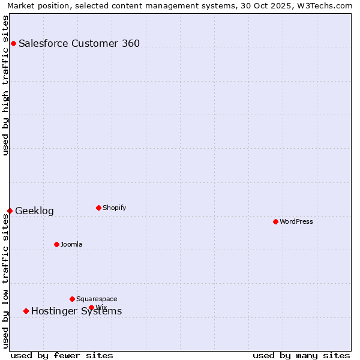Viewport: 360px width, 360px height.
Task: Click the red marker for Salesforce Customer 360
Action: pos(13,43)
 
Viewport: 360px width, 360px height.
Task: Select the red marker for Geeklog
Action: pos(10,211)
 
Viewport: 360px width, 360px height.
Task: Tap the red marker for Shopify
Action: pos(98,208)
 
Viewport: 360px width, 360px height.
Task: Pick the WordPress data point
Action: pos(275,221)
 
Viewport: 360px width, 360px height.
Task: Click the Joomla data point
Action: pos(56,244)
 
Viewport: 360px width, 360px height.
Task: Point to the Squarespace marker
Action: pos(72,299)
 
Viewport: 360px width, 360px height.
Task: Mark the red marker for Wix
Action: pos(91,307)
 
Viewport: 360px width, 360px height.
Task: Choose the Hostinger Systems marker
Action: pos(26,311)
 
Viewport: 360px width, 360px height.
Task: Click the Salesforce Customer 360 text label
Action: pos(79,43)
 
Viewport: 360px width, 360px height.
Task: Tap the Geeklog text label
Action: pos(34,211)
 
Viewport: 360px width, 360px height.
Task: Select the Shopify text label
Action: pos(114,208)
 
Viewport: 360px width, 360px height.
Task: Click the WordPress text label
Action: pos(296,221)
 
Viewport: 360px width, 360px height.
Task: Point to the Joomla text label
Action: pos(71,244)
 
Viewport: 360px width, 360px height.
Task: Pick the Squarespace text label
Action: pos(97,299)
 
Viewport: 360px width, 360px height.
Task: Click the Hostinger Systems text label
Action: pos(76,311)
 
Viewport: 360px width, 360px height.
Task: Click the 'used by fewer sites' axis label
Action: pos(62,355)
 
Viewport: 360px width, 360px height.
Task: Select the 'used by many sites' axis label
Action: pos(301,355)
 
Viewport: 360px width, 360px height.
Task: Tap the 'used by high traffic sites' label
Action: pos(5,85)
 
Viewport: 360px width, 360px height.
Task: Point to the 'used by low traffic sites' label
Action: pos(5,281)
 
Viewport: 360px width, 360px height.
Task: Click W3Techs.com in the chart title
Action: pos(325,5)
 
